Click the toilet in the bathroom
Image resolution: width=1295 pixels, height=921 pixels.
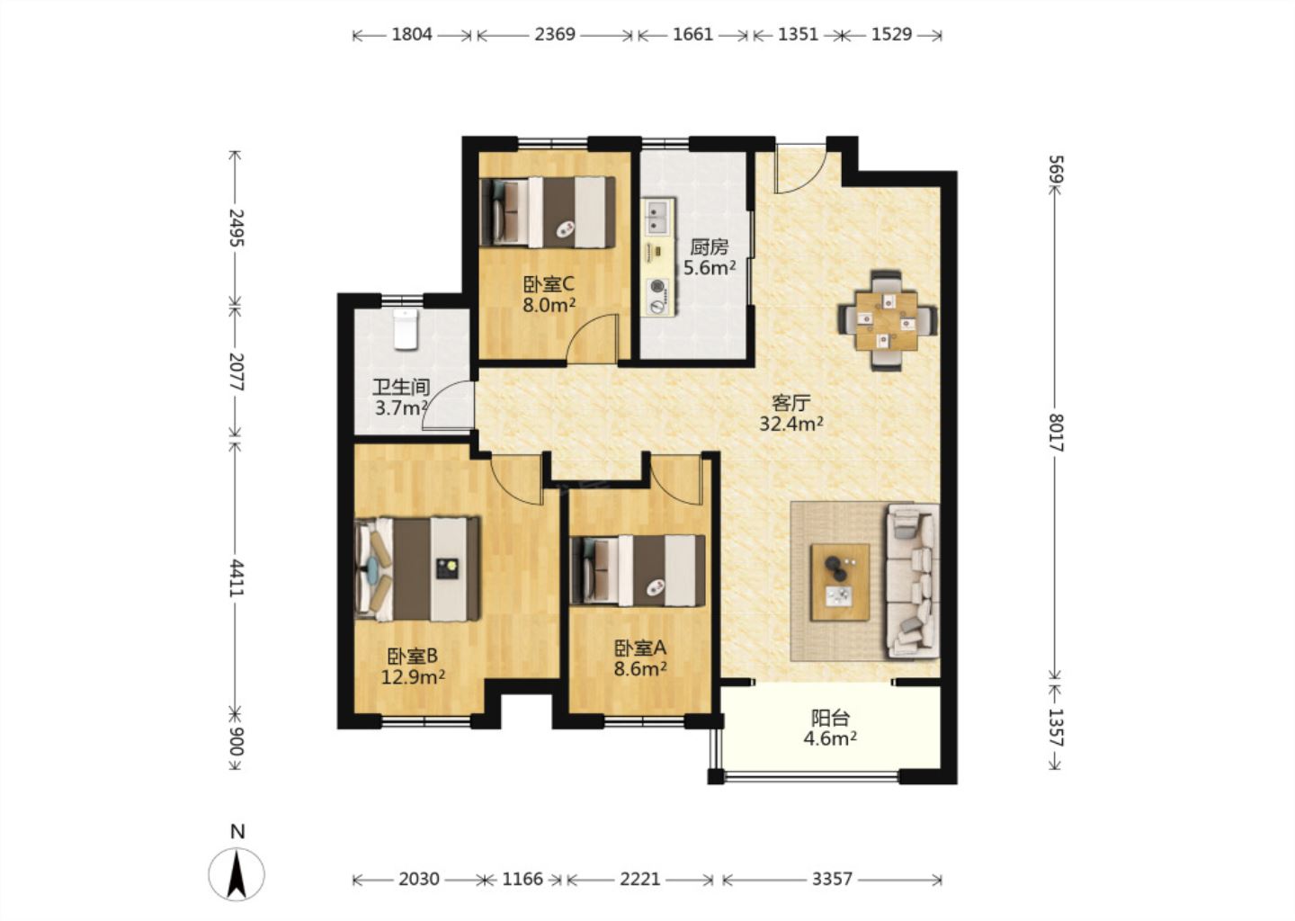click(x=406, y=329)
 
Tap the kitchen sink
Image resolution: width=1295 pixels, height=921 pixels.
click(x=658, y=217)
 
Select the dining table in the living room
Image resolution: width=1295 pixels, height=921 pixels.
click(x=887, y=321)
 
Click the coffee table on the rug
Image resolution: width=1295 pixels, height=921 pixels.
click(x=840, y=582)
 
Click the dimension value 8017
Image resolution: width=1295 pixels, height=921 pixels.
click(x=1056, y=433)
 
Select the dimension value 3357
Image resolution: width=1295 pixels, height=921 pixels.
click(x=832, y=880)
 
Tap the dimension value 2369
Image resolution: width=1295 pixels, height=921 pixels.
click(x=554, y=35)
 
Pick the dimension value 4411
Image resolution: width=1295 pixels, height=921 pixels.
click(x=236, y=577)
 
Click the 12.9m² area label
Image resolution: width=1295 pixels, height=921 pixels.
click(x=413, y=677)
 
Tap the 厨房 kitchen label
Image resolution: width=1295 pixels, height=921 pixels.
click(x=710, y=247)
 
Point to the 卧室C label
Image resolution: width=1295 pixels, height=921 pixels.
click(x=548, y=284)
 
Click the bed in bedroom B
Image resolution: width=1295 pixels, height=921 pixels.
click(x=417, y=569)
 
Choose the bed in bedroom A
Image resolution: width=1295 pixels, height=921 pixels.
click(x=638, y=570)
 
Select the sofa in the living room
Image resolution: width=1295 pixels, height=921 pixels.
click(x=912, y=581)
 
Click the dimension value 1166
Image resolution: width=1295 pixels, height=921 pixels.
click(x=522, y=880)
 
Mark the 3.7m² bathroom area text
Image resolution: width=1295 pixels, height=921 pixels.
click(x=401, y=408)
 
